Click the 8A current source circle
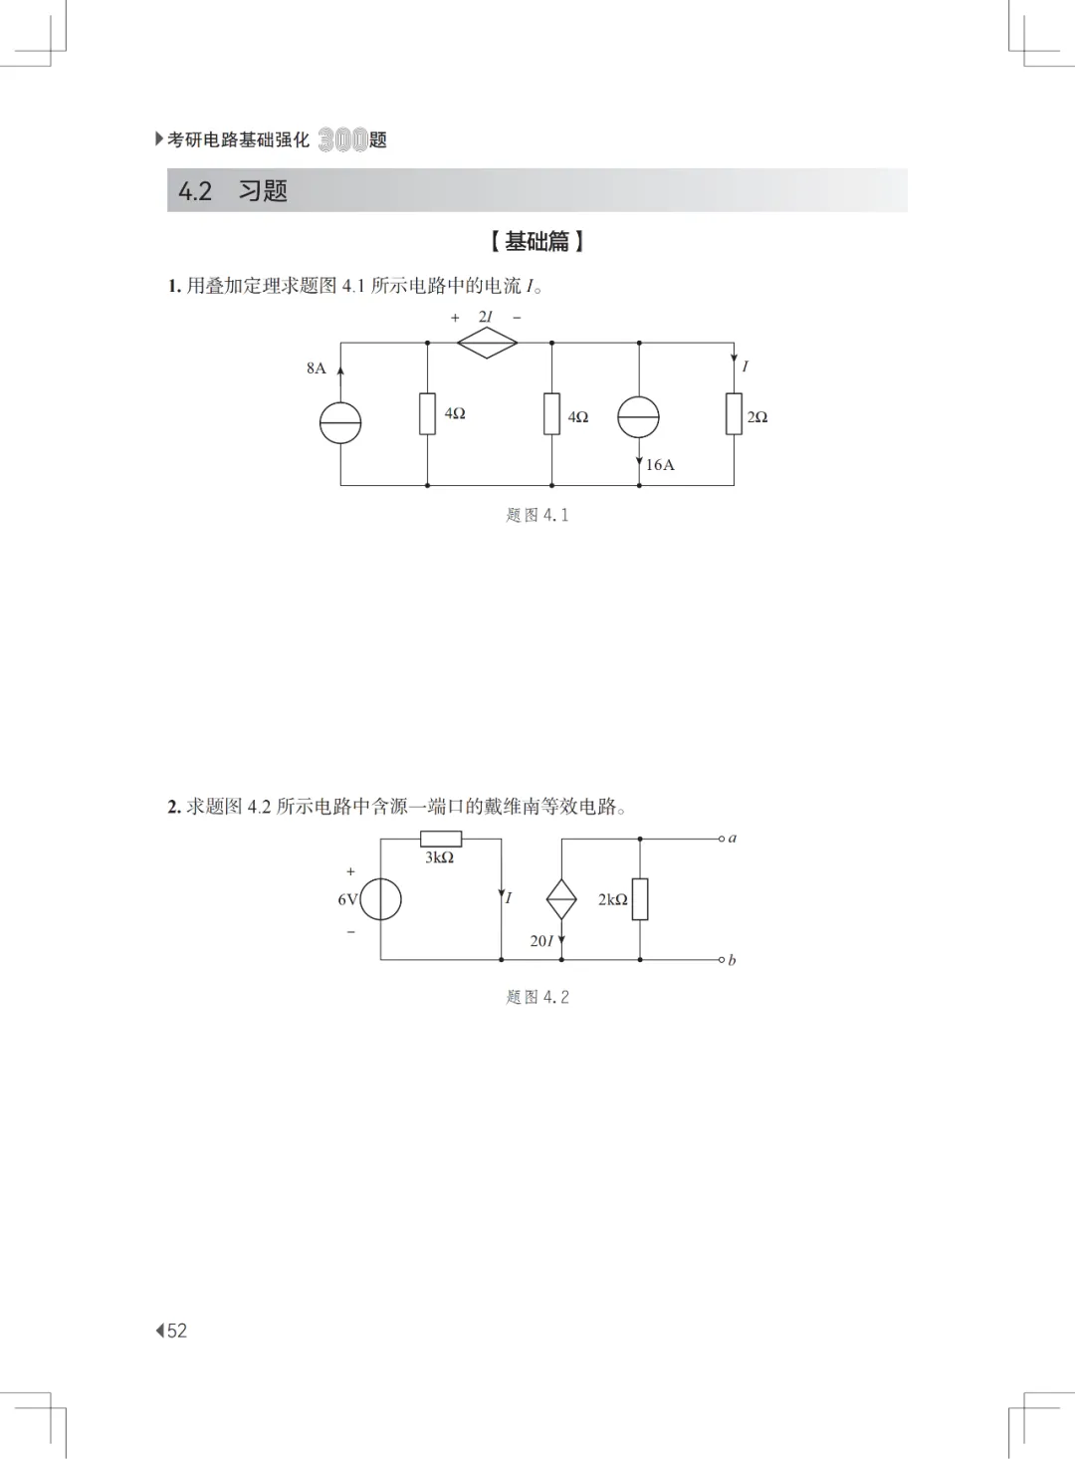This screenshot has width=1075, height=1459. [340, 423]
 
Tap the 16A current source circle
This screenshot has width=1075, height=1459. [638, 416]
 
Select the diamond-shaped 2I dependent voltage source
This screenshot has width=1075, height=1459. [487, 343]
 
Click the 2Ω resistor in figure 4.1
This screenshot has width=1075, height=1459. [734, 413]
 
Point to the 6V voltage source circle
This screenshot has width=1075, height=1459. [381, 899]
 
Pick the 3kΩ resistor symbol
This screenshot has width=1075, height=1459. [440, 839]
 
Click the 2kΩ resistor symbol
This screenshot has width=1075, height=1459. [640, 898]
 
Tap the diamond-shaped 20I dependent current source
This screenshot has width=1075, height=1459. [561, 899]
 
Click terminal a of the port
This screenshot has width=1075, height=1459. [723, 839]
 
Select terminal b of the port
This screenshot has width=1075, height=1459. [723, 960]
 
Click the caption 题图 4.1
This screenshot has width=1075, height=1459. [537, 515]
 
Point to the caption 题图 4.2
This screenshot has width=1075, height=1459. [537, 997]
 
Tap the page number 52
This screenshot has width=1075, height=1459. [176, 1331]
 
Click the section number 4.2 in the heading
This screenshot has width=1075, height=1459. [195, 191]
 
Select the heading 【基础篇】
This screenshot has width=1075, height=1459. [537, 241]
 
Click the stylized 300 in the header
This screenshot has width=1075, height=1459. [342, 140]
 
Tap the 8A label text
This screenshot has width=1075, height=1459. [317, 368]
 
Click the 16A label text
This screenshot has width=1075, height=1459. [660, 465]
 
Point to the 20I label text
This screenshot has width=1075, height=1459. [541, 941]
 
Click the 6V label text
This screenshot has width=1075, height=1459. [347, 899]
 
